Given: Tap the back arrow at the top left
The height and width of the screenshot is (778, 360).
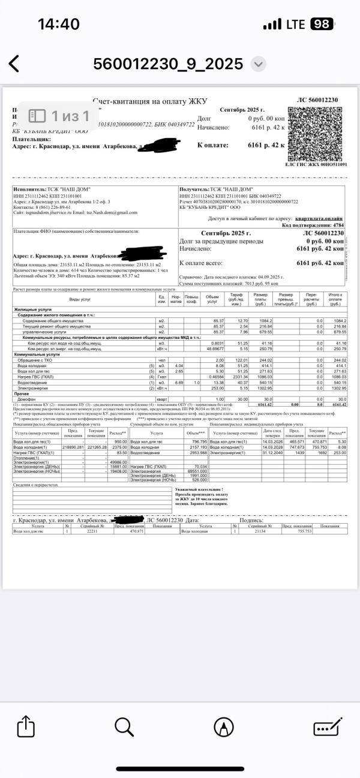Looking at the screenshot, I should tap(14, 64).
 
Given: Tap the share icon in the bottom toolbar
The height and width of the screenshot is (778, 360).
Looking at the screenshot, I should tap(25, 727).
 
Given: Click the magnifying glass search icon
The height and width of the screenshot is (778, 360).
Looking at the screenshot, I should tap(124, 727).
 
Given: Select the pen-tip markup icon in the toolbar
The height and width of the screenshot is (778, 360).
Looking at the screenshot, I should tap(224, 727).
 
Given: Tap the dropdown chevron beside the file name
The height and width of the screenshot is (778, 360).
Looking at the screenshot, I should tap(258, 64).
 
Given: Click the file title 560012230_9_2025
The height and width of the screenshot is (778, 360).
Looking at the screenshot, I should tap(168, 64).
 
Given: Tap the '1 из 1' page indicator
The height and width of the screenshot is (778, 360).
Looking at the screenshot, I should tap(59, 115).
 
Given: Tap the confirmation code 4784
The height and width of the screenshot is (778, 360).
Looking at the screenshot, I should tap(338, 226).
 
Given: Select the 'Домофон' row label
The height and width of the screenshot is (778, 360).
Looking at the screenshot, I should tap(28, 399).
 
